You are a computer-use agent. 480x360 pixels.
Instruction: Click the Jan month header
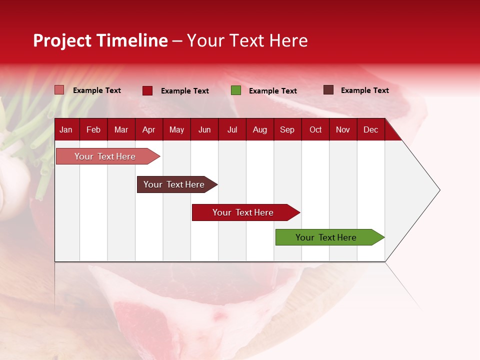point(66,130)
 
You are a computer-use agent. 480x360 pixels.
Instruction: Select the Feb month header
point(93,130)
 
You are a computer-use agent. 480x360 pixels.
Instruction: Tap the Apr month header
point(148,130)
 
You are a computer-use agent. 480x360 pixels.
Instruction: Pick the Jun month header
point(204,130)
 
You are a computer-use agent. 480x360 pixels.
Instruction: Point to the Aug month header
point(259,130)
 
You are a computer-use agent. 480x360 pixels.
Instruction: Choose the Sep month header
point(287,130)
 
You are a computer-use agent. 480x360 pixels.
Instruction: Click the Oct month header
point(315,130)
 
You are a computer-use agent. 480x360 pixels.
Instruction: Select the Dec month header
point(370,130)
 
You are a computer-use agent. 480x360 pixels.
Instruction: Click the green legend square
point(236,90)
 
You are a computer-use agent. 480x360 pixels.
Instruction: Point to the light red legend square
point(59,90)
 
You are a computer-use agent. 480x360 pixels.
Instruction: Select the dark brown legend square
point(328,90)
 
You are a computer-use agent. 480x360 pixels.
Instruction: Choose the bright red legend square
point(147,90)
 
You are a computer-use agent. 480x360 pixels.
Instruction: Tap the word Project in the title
point(62,40)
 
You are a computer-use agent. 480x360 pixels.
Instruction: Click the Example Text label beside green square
point(273,91)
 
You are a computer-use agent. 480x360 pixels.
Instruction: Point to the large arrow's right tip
point(439,190)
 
